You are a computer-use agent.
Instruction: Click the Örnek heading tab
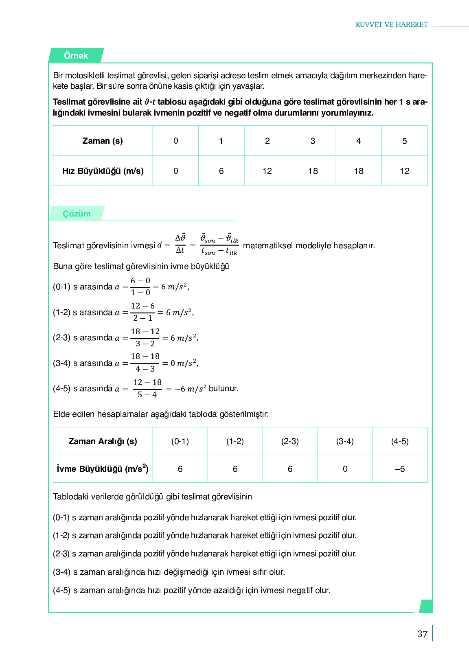[76, 56]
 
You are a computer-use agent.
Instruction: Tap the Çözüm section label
[77, 214]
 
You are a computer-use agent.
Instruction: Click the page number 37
[423, 634]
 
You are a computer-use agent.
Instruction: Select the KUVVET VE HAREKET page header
[392, 24]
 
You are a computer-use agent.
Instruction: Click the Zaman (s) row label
[103, 141]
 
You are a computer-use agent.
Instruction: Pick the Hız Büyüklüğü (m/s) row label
[103, 171]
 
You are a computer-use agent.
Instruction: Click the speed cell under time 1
[221, 171]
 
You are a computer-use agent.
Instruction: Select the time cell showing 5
[404, 141]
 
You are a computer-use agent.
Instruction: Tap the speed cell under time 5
[404, 171]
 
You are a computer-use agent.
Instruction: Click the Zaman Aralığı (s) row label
[103, 441]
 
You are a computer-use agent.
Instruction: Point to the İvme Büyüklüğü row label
[103, 469]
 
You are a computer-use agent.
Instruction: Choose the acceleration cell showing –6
[400, 469]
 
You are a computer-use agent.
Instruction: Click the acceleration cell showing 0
[345, 469]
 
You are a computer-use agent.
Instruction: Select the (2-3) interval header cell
[290, 441]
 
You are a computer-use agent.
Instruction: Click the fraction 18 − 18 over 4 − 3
[145, 363]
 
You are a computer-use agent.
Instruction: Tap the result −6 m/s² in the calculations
[191, 389]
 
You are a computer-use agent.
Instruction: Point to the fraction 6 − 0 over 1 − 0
[140, 287]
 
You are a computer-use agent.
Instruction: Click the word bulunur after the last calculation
[224, 388]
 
